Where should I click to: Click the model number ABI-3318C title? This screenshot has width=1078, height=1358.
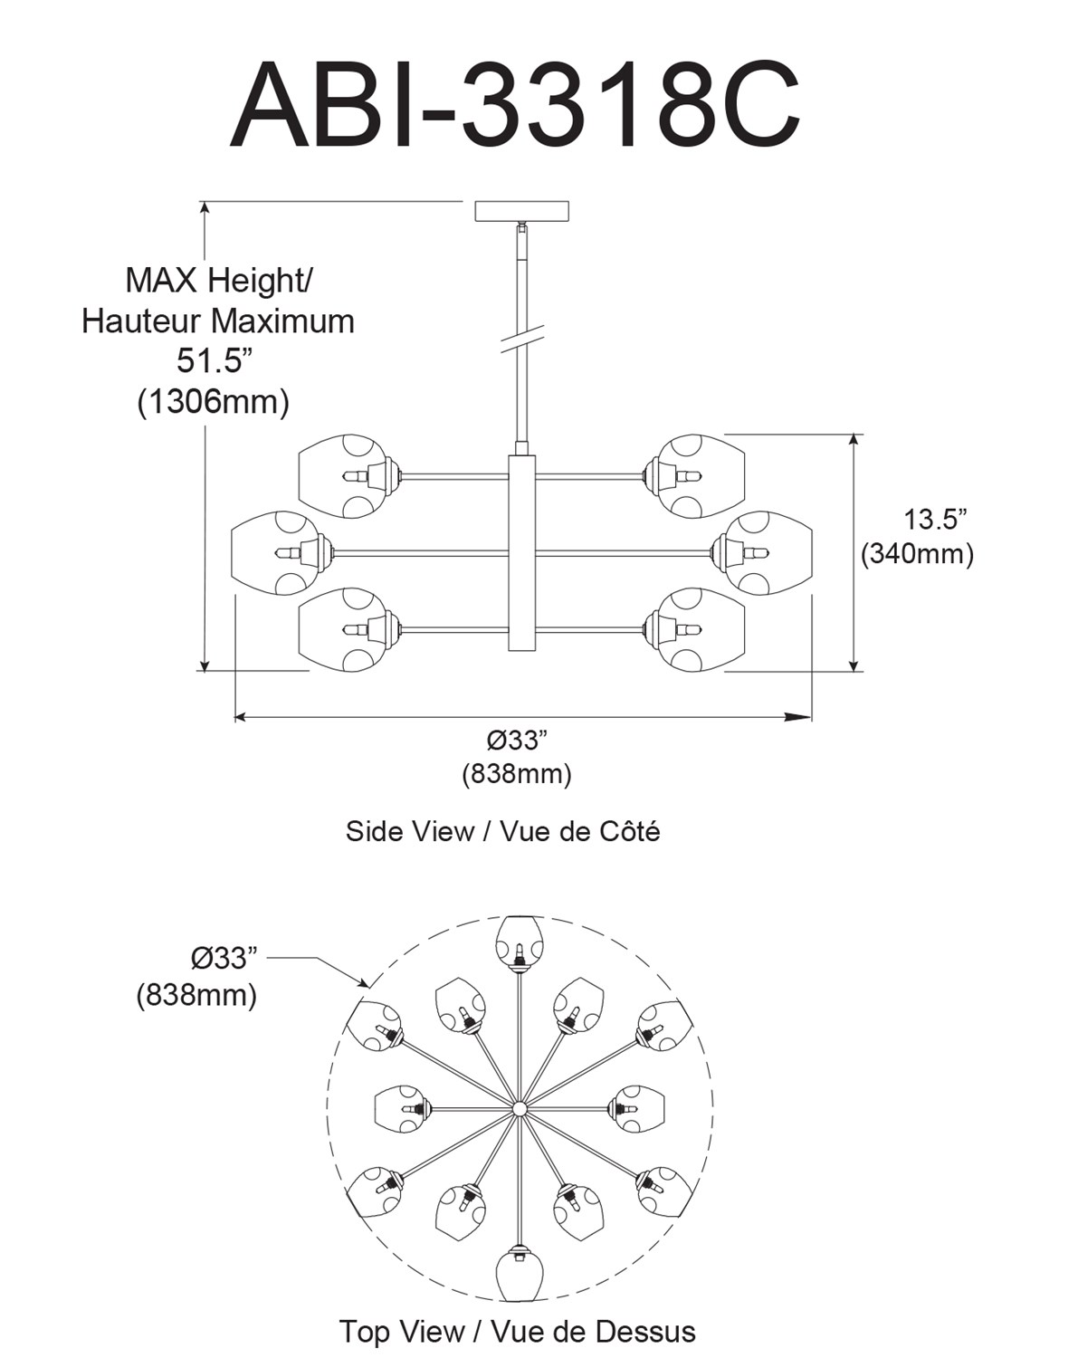point(515,105)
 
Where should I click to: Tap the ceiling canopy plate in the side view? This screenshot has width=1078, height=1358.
point(522,211)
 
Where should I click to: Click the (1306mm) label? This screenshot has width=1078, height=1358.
point(214,402)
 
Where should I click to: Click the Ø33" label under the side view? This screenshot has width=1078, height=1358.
point(516,741)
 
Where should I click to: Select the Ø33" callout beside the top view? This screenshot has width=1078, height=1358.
point(224,959)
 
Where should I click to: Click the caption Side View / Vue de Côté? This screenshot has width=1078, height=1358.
point(503,831)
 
